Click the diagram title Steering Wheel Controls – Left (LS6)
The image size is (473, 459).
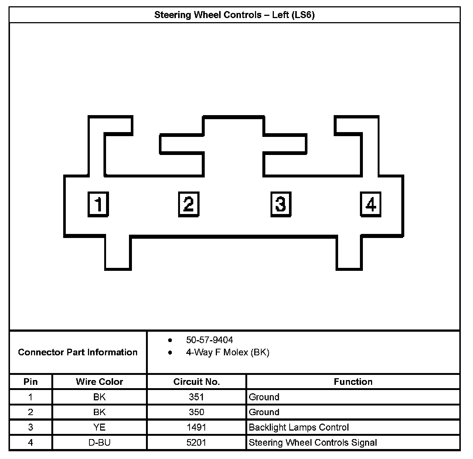click(234, 15)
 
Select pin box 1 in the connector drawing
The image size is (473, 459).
click(98, 204)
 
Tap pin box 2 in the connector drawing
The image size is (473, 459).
click(188, 204)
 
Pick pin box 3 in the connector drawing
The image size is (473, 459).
click(280, 204)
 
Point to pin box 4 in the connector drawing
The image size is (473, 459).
click(371, 204)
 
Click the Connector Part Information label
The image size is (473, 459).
click(78, 352)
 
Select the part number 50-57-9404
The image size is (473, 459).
click(210, 340)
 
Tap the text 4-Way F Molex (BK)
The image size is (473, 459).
click(228, 352)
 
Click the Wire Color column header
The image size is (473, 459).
click(99, 382)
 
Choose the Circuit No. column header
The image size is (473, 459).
click(196, 382)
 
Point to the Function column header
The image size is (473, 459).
click(353, 382)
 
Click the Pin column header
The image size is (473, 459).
click(31, 382)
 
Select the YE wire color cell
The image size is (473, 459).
click(99, 427)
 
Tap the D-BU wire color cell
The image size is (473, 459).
click(99, 442)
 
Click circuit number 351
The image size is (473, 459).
click(196, 397)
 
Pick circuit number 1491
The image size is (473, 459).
click(196, 427)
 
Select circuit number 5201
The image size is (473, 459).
click(196, 442)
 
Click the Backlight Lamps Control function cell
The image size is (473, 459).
click(299, 427)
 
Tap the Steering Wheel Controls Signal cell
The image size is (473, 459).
click(313, 442)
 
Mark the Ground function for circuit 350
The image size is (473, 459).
click(264, 412)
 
